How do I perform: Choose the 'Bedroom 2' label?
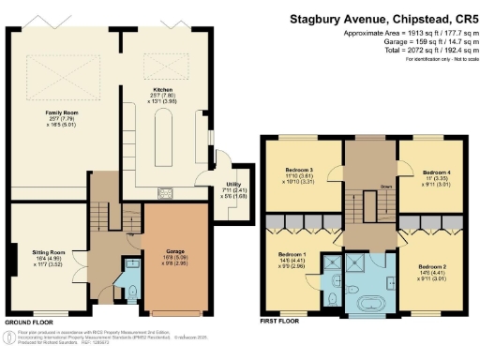tap(432, 266)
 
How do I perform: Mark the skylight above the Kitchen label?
tap(157, 65)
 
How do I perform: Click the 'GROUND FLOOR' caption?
tap(27, 322)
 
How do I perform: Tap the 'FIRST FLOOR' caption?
tap(281, 322)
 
